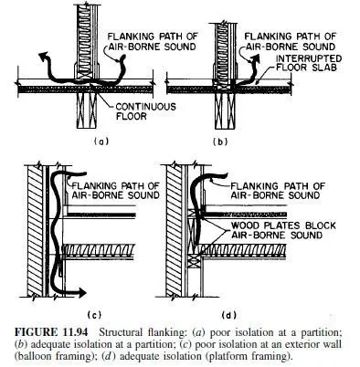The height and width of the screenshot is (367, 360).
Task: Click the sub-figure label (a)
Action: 101,142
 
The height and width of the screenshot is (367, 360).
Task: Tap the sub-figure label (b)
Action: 220,142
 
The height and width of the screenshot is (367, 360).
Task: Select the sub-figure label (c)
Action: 94,315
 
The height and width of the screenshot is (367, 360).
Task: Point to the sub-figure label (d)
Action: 229,315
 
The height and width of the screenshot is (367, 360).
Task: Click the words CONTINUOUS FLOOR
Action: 145,111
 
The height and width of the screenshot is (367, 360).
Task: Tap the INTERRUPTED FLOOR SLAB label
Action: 309,63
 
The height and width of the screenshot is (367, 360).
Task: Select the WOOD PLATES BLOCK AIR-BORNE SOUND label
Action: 283,230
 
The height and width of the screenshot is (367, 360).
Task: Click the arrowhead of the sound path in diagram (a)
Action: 44,57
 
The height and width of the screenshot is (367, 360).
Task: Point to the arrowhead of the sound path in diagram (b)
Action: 256,58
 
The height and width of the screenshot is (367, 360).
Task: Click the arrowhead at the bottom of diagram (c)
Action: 81,292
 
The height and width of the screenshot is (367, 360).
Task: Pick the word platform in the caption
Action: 225,356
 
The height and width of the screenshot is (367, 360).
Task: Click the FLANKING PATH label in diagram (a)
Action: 153,41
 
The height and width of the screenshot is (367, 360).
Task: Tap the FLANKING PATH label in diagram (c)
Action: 116,190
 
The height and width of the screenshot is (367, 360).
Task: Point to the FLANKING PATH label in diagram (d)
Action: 277,190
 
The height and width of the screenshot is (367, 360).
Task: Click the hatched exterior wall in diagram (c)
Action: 35,231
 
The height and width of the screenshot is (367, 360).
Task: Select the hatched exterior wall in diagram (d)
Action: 174,231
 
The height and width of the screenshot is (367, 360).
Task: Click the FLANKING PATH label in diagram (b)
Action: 290,41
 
